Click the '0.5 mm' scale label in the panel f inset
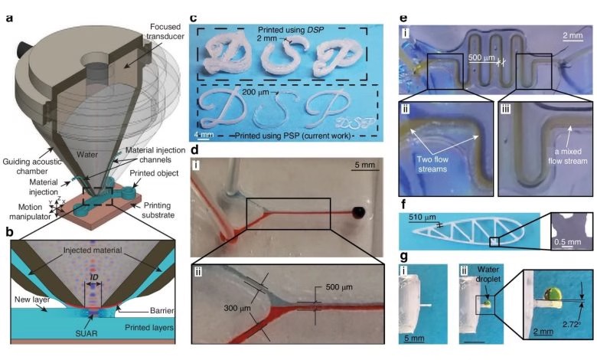[569, 247]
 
